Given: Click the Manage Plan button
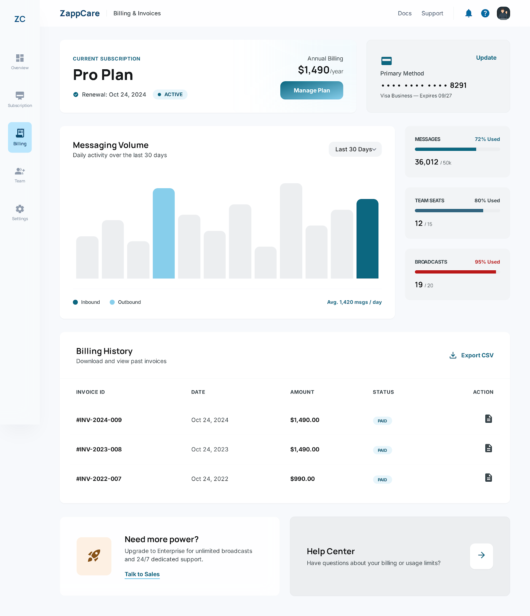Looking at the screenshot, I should pyautogui.click(x=312, y=90).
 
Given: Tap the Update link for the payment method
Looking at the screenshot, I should pyautogui.click(x=486, y=58).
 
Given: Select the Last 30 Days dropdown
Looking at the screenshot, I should pyautogui.click(x=355, y=149).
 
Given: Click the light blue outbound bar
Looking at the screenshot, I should pyautogui.click(x=164, y=233).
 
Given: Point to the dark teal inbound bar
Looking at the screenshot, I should pyautogui.click(x=367, y=239).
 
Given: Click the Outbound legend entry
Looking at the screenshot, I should pyautogui.click(x=125, y=302).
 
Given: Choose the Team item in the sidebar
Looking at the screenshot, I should pyautogui.click(x=20, y=175).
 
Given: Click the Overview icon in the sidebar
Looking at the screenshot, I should pyautogui.click(x=20, y=58).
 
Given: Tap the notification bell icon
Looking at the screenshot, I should pyautogui.click(x=468, y=13).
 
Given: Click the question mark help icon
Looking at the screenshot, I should pyautogui.click(x=485, y=13).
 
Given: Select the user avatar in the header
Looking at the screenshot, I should pyautogui.click(x=503, y=13).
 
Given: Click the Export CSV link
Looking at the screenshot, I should pyautogui.click(x=472, y=355).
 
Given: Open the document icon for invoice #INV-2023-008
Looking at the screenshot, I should pyautogui.click(x=488, y=448).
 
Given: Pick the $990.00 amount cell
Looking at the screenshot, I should pyautogui.click(x=302, y=479).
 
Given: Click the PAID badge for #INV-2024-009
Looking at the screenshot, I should pyautogui.click(x=382, y=421).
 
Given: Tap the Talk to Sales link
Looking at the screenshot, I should pyautogui.click(x=142, y=574).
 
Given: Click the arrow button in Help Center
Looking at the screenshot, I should pyautogui.click(x=481, y=556).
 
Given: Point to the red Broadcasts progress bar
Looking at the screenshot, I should pyautogui.click(x=455, y=272).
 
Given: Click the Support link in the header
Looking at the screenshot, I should pyautogui.click(x=432, y=13).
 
